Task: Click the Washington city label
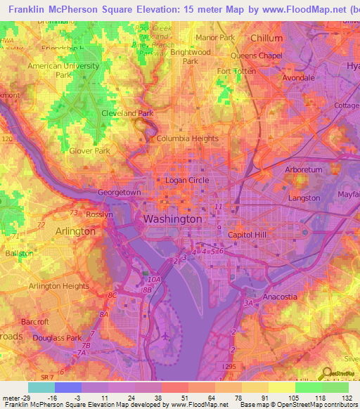pos(172,219)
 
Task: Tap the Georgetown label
pos(120,192)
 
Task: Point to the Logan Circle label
pos(186,181)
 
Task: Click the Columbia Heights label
pos(187,139)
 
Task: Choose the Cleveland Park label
pos(127,113)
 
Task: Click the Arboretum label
pos(304,170)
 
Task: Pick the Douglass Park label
pos(53,339)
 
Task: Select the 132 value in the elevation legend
pos(346,397)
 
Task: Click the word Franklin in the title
pos(22,8)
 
